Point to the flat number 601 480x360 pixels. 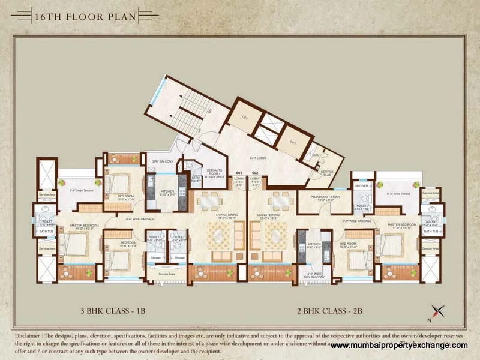238,173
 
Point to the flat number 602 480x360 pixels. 254,173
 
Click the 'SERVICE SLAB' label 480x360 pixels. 327,173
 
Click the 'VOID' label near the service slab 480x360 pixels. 315,155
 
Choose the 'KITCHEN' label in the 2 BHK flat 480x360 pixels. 314,245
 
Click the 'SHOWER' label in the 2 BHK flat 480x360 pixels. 361,186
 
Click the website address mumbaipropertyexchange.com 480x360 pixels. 398,346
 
